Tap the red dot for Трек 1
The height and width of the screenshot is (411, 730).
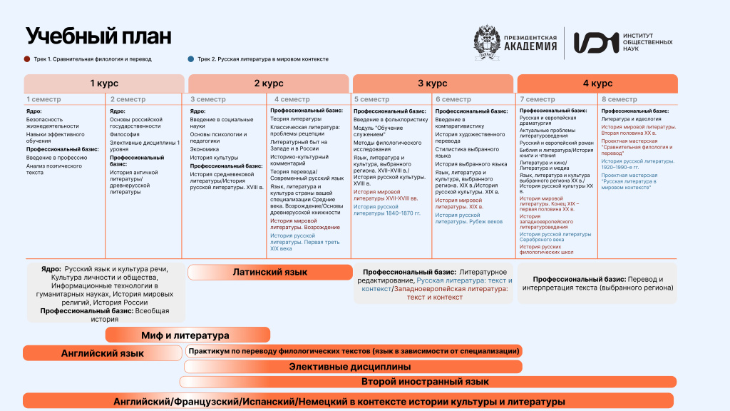coord(27,59)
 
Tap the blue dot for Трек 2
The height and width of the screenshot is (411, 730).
coord(191,59)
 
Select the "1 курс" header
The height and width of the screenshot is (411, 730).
coord(104,83)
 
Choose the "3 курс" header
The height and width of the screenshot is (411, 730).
coord(432,83)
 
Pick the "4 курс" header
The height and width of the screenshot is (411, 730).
coord(597,83)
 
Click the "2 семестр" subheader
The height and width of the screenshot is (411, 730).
coord(128,99)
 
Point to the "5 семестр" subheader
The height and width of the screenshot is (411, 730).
coord(372,99)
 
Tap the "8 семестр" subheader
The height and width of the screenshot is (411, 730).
coord(620,99)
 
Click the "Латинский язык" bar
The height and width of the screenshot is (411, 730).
coord(270,272)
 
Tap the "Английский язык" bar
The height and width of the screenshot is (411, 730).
coord(103,352)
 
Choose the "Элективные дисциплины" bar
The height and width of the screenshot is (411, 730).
coord(349,367)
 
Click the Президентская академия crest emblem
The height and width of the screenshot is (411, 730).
coord(490,42)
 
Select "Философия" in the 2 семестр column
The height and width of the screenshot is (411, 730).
coord(125,134)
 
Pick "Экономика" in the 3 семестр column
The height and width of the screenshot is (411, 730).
coord(204,149)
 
